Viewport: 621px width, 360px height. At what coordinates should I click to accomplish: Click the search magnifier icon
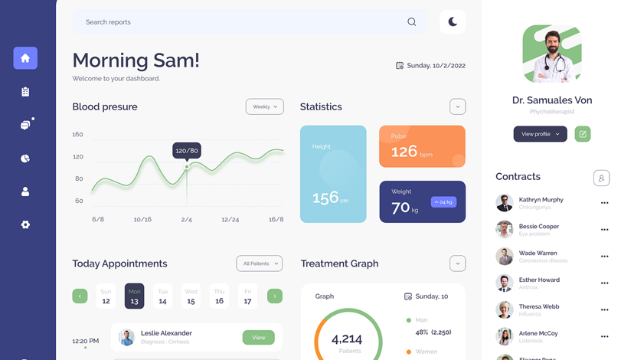point(412,22)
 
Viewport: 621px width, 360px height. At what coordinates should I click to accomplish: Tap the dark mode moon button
point(453,22)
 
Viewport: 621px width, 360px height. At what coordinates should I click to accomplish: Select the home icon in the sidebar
point(25,58)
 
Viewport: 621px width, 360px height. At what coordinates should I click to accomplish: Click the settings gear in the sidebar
point(25,224)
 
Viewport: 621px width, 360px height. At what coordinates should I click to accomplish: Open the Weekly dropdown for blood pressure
point(264,107)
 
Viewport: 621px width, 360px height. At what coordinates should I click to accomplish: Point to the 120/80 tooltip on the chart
point(187,151)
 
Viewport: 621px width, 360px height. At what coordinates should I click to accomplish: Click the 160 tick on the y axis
point(78,135)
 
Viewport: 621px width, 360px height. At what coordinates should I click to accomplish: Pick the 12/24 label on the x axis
point(230,220)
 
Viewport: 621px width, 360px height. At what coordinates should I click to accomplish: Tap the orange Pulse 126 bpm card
point(422,146)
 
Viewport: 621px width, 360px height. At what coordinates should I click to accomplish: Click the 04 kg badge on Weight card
point(444,202)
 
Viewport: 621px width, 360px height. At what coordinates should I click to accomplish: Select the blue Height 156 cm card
point(333,174)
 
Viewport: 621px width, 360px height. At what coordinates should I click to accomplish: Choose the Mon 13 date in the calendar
point(134,296)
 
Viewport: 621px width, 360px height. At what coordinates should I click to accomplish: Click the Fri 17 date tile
point(247,296)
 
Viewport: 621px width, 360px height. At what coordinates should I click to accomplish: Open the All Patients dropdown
point(259,263)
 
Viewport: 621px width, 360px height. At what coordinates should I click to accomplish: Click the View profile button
point(540,134)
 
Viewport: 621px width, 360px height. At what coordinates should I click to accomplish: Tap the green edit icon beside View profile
point(583,134)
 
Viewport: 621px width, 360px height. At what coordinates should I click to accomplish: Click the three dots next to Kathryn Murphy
point(605,203)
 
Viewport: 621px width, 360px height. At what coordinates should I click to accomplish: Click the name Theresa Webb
point(539,306)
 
